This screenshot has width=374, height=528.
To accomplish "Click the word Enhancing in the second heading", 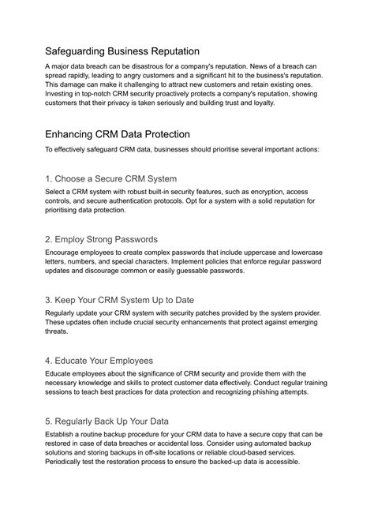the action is coord(77,134).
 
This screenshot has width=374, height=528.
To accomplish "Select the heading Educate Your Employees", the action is coord(104,360).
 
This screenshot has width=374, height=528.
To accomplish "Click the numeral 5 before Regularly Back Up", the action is coord(48,421).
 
